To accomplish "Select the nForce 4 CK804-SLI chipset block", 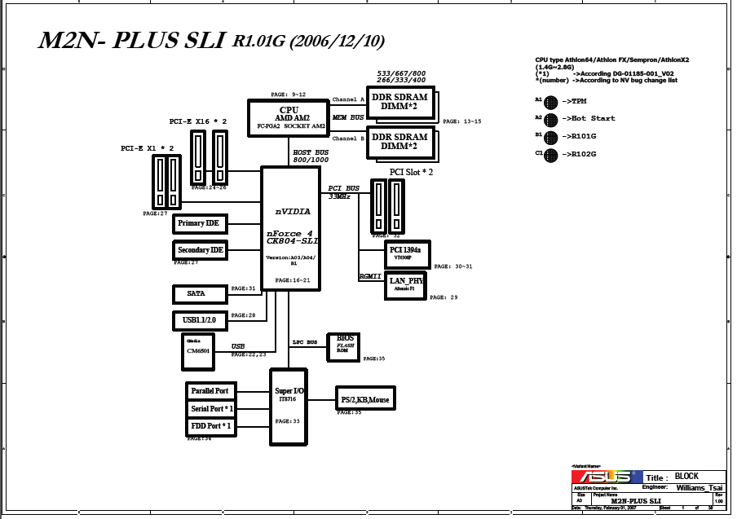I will (289, 228).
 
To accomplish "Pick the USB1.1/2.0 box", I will (200, 320).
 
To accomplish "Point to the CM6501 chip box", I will (198, 351).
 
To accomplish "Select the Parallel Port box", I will (210, 391).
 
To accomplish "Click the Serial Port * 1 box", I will (210, 409).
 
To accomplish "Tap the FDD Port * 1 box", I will (210, 426).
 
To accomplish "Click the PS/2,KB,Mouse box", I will (365, 398).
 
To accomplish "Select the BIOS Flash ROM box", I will (343, 346).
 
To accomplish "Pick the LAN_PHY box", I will (404, 284).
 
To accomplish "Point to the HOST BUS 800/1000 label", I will (311, 156).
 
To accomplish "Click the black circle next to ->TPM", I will (551, 102).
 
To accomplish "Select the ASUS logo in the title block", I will (607, 477).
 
